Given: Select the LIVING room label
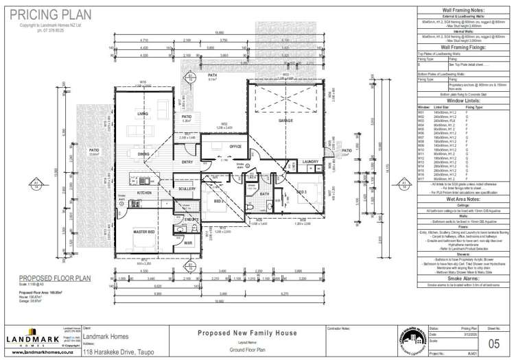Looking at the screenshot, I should [x=143, y=113].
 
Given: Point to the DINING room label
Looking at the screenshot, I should [x=143, y=154].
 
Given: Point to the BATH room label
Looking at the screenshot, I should [x=264, y=193].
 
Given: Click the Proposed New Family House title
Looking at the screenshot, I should [x=247, y=333].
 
